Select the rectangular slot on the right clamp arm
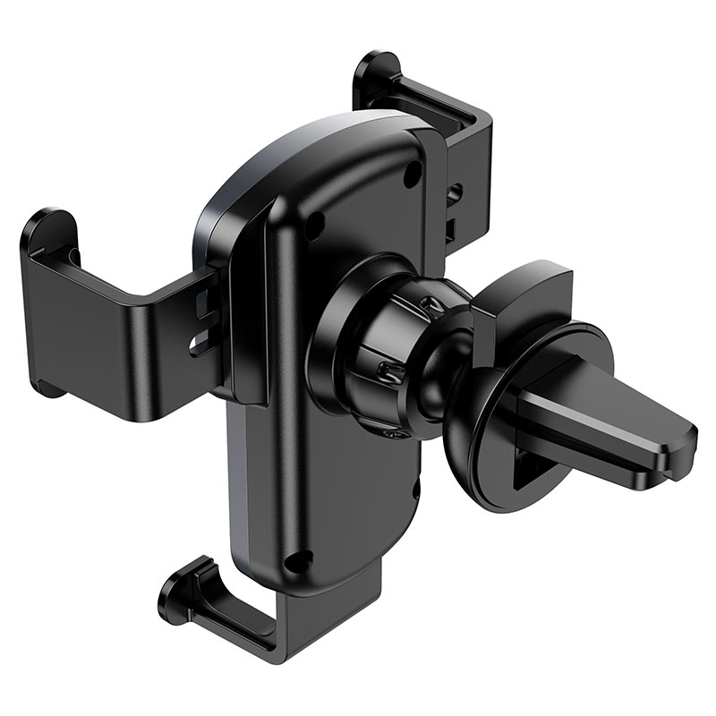453,229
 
